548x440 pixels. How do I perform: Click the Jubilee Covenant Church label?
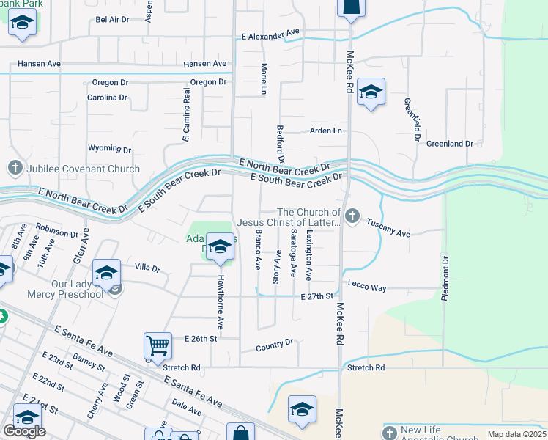point(83,169)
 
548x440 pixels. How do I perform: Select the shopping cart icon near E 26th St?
point(158,345)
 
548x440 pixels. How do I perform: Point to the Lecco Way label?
point(367,288)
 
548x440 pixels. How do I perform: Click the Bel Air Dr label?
point(112,20)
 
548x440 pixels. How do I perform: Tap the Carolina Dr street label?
point(107,98)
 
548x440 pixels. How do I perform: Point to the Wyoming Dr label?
point(109,149)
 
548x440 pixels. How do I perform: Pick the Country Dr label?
point(275,343)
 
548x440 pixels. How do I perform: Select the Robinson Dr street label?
point(56,230)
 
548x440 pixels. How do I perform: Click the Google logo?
point(24,431)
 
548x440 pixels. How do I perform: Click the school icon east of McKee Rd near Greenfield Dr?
point(371,92)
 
